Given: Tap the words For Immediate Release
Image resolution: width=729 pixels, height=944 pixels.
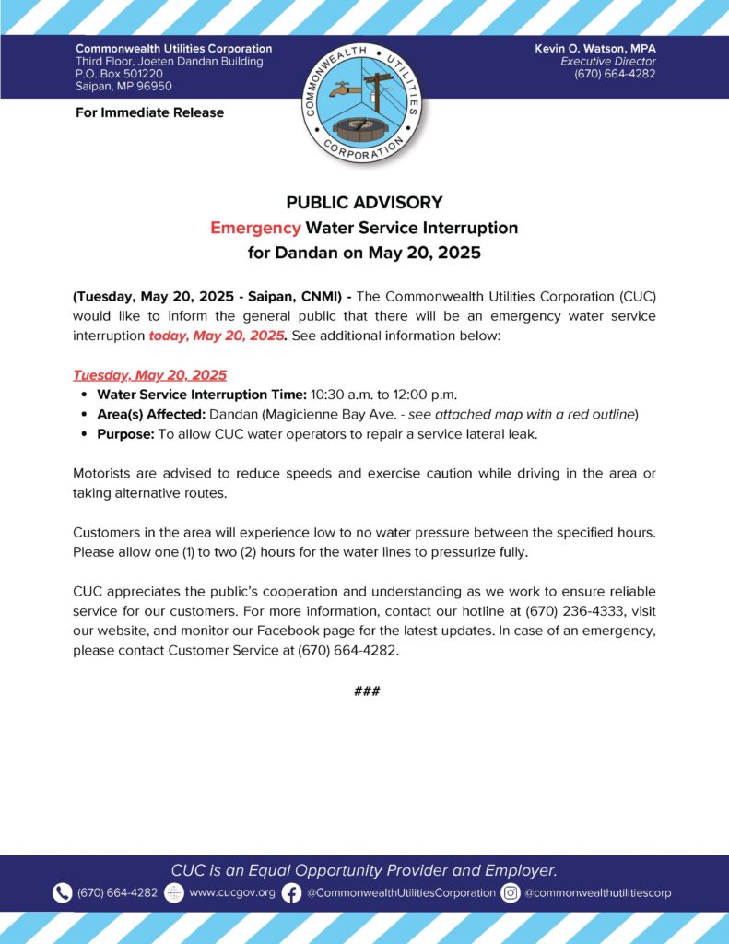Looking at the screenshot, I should [149, 113].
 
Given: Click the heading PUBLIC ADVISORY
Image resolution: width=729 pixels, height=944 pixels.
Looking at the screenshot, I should [364, 203].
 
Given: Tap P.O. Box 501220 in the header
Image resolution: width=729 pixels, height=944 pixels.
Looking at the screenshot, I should [119, 74].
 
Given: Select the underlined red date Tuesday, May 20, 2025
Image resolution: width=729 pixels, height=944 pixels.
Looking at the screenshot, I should [149, 376].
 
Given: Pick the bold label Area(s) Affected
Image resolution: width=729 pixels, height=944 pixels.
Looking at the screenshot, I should [151, 414].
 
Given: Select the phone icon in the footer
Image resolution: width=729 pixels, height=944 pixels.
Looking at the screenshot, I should [62, 892].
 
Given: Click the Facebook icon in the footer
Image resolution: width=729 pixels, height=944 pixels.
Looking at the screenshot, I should [291, 892].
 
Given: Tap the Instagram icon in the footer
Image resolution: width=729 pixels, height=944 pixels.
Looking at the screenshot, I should [511, 892].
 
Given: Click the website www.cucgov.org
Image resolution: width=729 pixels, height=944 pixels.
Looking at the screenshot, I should [231, 893].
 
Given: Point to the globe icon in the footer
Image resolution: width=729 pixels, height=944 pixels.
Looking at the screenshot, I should [173, 892].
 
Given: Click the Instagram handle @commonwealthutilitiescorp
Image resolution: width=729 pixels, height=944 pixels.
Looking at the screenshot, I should [598, 893].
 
